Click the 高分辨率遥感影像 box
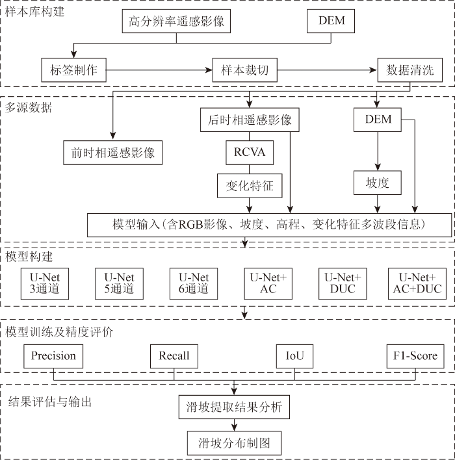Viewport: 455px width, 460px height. point(176,21)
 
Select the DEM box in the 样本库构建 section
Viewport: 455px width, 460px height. point(331,21)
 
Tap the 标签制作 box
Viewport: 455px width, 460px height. point(73,70)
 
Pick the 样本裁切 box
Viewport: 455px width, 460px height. point(245,70)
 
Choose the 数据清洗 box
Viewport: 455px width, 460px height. point(409,70)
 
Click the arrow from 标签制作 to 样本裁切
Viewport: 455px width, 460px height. point(159,70)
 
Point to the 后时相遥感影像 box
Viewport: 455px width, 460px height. point(250,120)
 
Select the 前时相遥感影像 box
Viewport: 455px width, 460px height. point(112,153)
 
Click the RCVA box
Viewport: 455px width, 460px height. point(250,153)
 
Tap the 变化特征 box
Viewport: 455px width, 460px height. point(250,186)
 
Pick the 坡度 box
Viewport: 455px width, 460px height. point(378,183)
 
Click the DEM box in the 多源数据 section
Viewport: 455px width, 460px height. point(378,120)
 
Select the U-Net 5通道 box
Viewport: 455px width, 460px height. point(119,284)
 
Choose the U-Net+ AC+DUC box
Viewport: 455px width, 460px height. point(417,284)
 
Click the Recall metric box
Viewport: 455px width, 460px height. point(174,356)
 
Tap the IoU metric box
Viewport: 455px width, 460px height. point(294,356)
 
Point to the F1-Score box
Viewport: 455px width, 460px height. point(415,356)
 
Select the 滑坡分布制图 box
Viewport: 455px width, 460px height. point(234,443)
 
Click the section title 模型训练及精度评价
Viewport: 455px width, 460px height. point(59,332)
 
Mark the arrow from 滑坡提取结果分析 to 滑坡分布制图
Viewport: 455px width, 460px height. point(234,425)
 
